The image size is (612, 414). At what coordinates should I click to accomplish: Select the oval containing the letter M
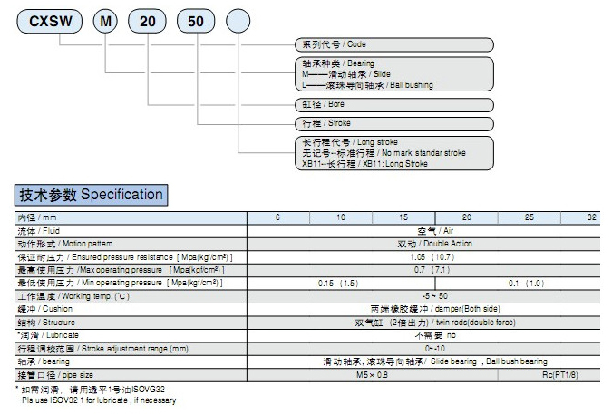[107, 18]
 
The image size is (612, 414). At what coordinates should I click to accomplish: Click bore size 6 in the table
[278, 218]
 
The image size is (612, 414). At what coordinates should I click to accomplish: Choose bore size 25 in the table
[529, 218]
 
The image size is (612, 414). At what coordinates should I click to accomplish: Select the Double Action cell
[434, 244]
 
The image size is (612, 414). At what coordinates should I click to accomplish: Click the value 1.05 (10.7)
[436, 257]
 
